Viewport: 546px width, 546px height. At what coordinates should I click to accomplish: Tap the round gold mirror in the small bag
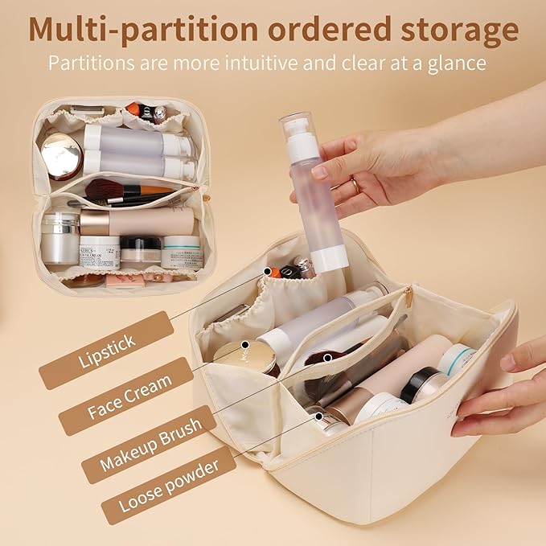[62, 155]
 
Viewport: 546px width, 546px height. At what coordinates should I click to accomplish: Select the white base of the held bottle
[329, 258]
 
